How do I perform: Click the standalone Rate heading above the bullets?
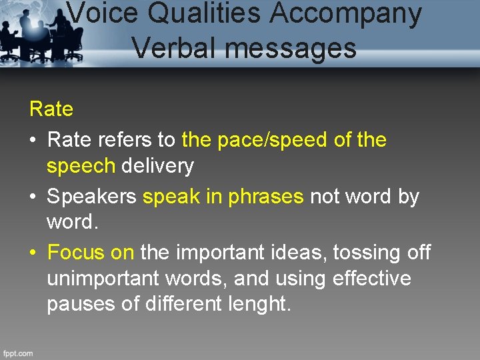click(51, 109)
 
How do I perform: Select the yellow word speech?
click(81, 166)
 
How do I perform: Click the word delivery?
click(157, 166)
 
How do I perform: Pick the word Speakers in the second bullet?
click(93, 197)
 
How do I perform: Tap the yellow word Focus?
click(78, 253)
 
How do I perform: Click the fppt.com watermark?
click(17, 353)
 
